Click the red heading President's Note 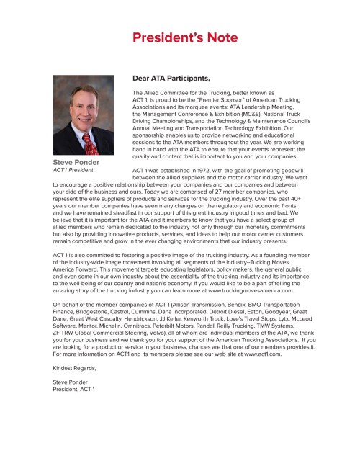pos(179,37)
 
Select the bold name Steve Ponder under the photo pos(76,163)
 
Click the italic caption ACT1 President pos(74,171)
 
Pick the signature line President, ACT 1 pos(74,390)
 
